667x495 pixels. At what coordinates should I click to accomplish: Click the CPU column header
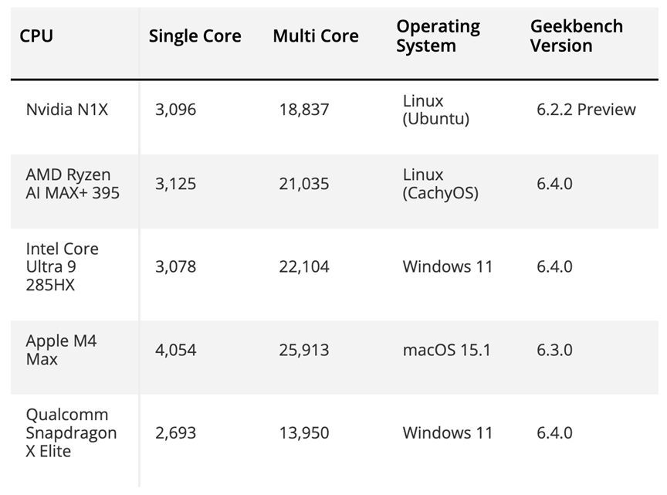click(36, 36)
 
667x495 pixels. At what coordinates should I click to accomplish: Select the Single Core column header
click(195, 36)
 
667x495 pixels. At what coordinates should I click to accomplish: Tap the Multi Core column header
click(316, 36)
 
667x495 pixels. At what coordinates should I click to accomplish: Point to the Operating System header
click(438, 36)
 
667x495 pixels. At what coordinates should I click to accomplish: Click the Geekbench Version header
click(576, 36)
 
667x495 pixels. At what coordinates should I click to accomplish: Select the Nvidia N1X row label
click(67, 110)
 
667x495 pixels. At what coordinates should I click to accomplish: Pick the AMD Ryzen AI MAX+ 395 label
click(73, 184)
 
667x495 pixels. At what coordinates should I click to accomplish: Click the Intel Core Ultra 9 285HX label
click(63, 267)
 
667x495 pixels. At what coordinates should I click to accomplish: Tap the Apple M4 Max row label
click(61, 350)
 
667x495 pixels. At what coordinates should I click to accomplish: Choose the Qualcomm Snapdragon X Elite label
click(71, 432)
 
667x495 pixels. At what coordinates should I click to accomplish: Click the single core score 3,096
click(175, 110)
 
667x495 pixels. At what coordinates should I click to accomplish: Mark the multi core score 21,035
click(304, 184)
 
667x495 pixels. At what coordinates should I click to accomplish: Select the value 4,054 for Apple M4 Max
click(175, 350)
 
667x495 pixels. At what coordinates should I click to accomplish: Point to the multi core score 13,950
click(304, 432)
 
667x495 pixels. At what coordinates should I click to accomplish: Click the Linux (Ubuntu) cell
click(436, 110)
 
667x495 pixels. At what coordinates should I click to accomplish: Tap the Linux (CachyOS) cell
click(440, 184)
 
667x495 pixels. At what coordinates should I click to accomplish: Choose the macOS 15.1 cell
click(446, 350)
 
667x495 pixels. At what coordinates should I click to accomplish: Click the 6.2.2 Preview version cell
click(586, 110)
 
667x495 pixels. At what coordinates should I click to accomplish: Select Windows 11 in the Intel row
click(447, 267)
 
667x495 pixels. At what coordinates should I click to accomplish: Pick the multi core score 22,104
click(304, 267)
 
